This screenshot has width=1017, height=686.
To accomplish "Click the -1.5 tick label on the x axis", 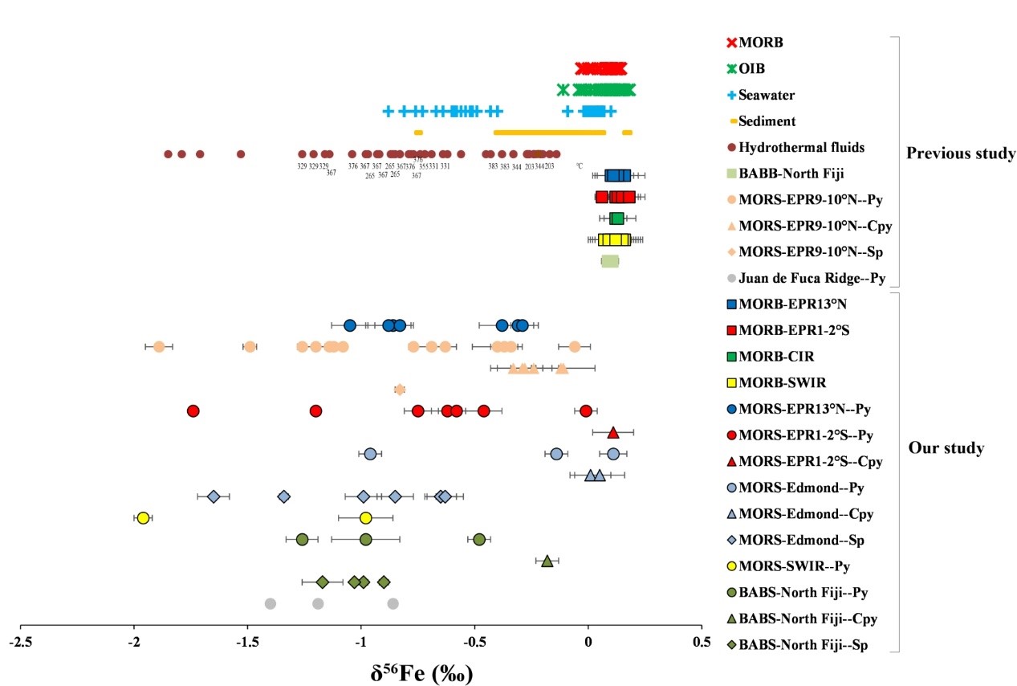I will (246, 642).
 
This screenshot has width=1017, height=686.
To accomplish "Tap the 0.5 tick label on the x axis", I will (701, 642).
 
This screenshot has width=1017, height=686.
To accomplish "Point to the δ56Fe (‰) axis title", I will (422, 672).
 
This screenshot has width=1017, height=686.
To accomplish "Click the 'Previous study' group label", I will (960, 153).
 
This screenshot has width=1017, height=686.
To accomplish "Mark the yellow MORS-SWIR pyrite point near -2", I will (143, 518).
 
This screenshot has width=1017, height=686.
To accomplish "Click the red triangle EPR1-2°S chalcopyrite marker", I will (613, 432).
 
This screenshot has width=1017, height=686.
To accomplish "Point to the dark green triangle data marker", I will (547, 561).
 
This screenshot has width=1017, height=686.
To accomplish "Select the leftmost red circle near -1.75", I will (193, 410).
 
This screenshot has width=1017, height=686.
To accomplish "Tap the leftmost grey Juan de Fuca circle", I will (270, 603).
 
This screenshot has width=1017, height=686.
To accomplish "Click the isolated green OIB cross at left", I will (563, 89).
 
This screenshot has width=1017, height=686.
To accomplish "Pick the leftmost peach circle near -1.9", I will (159, 346).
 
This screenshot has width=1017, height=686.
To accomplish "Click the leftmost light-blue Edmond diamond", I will (214, 496).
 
